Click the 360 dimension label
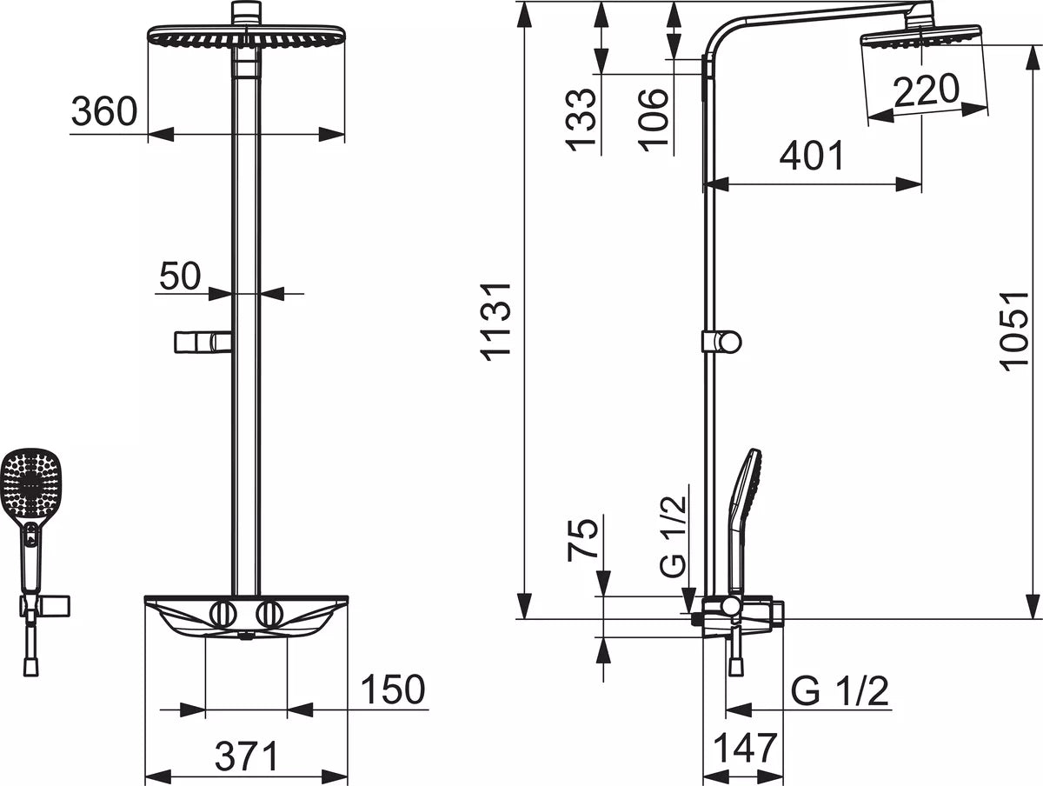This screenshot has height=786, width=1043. click(104, 110)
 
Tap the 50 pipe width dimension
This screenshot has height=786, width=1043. click(180, 276)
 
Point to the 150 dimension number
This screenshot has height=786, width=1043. click(393, 689)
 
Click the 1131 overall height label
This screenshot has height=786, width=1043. click(495, 323)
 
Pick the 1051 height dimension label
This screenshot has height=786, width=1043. click(1013, 330)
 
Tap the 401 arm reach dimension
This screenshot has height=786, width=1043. click(812, 155)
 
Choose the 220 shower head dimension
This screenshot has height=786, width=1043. click(927, 90)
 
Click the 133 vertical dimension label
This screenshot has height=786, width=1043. click(581, 120)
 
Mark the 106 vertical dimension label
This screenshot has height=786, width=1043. click(653, 120)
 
